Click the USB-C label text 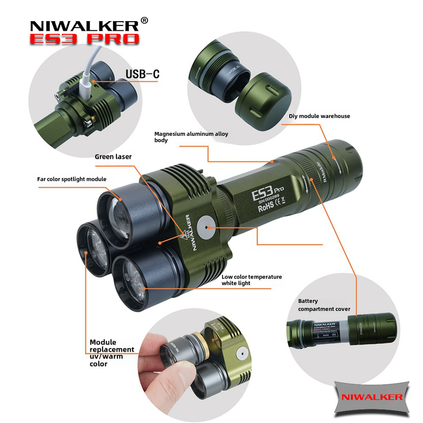point(142,73)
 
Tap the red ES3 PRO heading point(85,39)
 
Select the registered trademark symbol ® point(144,21)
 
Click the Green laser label point(113,157)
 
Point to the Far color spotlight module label point(71,179)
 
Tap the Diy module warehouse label point(319,116)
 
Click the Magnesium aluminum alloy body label point(191,137)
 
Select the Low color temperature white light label point(252,280)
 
